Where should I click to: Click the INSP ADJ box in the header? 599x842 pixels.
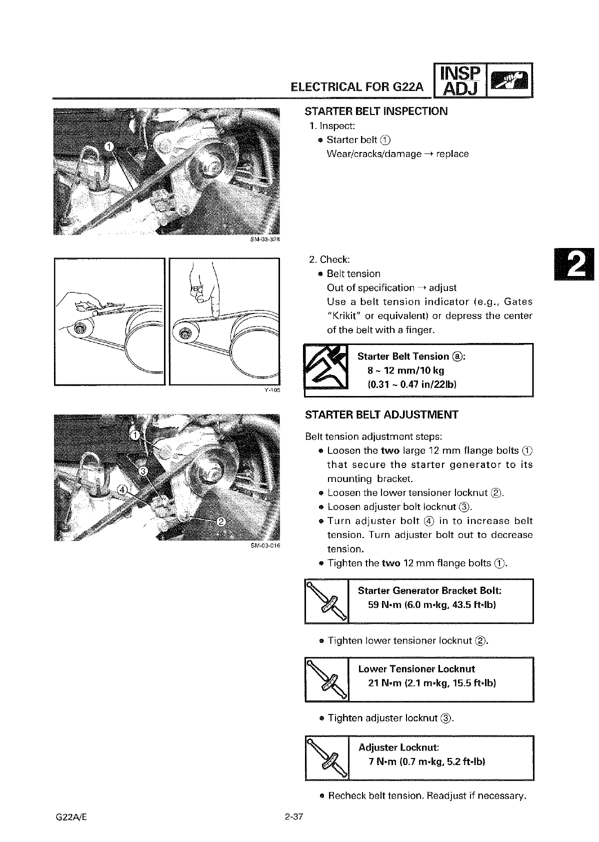tap(459, 80)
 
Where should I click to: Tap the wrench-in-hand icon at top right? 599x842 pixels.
tap(509, 80)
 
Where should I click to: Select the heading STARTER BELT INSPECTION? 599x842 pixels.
tap(376, 111)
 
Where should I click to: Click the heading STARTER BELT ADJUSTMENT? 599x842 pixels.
tap(381, 414)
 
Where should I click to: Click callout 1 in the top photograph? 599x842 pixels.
tap(109, 146)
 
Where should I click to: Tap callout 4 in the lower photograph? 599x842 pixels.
tap(122, 488)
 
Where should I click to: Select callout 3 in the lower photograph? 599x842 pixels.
tap(143, 471)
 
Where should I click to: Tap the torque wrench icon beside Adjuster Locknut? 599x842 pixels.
tap(326, 757)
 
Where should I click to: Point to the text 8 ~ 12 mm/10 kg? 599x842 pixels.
tap(405, 370)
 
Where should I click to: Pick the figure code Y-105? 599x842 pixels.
tap(271, 390)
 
